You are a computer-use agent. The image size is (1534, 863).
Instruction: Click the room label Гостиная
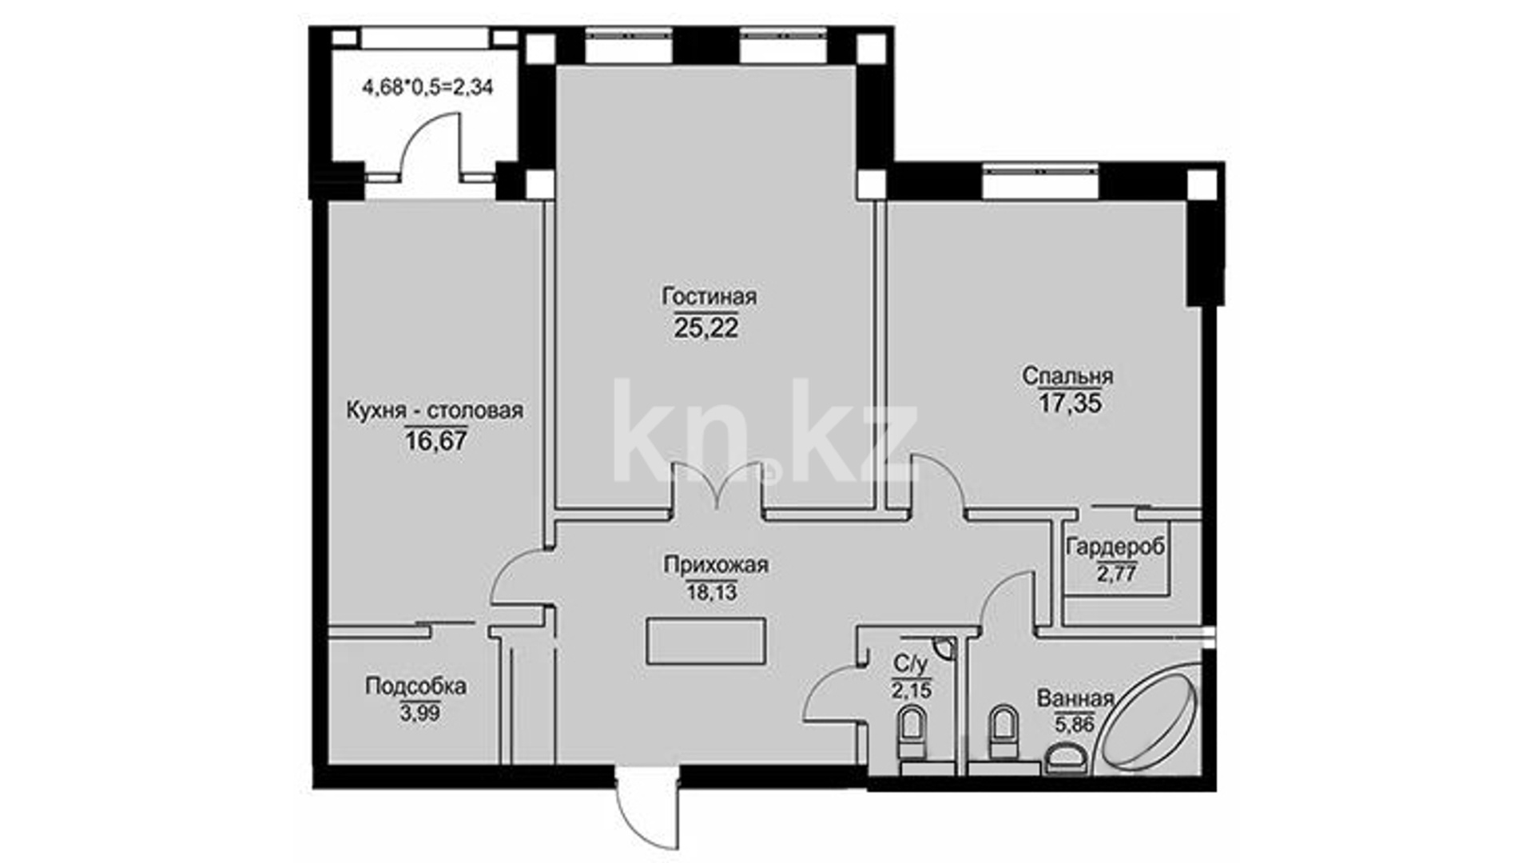pyautogui.click(x=709, y=296)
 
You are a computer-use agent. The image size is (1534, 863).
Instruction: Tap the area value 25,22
pyautogui.click(x=706, y=328)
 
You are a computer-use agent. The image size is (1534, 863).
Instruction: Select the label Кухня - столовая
pyautogui.click(x=435, y=411)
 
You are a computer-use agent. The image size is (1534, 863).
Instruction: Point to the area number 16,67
pyautogui.click(x=435, y=441)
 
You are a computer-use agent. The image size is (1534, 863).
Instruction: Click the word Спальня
pyautogui.click(x=1068, y=376)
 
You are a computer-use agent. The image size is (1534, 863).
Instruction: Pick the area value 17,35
pyautogui.click(x=1070, y=404)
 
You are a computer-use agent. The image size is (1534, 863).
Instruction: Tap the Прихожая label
pyautogui.click(x=716, y=566)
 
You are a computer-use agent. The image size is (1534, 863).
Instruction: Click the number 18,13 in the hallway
pyautogui.click(x=711, y=593)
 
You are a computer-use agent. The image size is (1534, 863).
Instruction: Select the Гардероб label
pyautogui.click(x=1115, y=547)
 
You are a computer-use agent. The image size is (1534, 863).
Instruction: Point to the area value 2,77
pyautogui.click(x=1117, y=574)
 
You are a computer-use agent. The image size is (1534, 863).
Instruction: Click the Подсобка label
pyautogui.click(x=415, y=686)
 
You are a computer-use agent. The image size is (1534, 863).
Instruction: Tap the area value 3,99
pyautogui.click(x=420, y=713)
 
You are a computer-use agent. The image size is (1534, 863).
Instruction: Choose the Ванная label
pyautogui.click(x=1075, y=698)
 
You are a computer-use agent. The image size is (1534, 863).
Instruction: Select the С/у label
pyautogui.click(x=911, y=663)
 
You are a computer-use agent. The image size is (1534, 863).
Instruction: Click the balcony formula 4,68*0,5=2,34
pyautogui.click(x=428, y=87)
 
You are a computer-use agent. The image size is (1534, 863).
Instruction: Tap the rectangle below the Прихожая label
pyautogui.click(x=706, y=641)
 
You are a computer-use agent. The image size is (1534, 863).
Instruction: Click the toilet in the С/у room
pyautogui.click(x=911, y=733)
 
